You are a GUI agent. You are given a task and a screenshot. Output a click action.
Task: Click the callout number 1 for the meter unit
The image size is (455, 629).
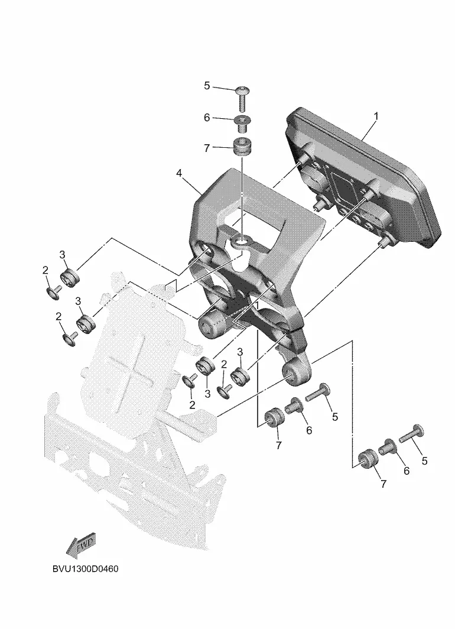click(x=376, y=116)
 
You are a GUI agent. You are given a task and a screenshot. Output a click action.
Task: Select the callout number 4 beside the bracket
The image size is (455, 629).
click(x=179, y=173)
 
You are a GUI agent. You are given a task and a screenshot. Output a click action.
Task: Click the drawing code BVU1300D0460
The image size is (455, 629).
click(x=86, y=569)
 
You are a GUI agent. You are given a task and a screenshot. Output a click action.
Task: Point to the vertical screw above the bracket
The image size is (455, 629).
click(x=242, y=99)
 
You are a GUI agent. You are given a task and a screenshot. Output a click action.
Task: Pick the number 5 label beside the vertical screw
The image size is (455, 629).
click(x=207, y=86)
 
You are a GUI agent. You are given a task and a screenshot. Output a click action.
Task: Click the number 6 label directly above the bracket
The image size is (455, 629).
click(x=207, y=118)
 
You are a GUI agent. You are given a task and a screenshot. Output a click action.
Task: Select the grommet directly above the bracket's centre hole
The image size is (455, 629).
click(x=242, y=147)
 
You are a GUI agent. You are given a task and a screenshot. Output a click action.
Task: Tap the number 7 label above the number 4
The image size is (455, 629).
click(x=207, y=148)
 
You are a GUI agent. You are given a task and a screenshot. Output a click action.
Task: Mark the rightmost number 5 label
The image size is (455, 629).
click(x=424, y=461)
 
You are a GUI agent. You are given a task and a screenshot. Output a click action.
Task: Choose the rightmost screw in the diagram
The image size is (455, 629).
click(x=412, y=435)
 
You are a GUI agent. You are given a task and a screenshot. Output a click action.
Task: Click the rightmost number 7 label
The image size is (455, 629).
click(x=383, y=484)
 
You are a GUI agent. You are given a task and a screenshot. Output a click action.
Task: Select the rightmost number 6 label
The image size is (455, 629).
click(x=406, y=471)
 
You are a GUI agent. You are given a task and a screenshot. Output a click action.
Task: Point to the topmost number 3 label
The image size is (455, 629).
click(x=62, y=254)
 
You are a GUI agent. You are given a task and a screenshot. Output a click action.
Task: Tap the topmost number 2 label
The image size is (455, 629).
click(x=45, y=270)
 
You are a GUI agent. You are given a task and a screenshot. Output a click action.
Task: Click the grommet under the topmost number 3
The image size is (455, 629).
click(x=70, y=278)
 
